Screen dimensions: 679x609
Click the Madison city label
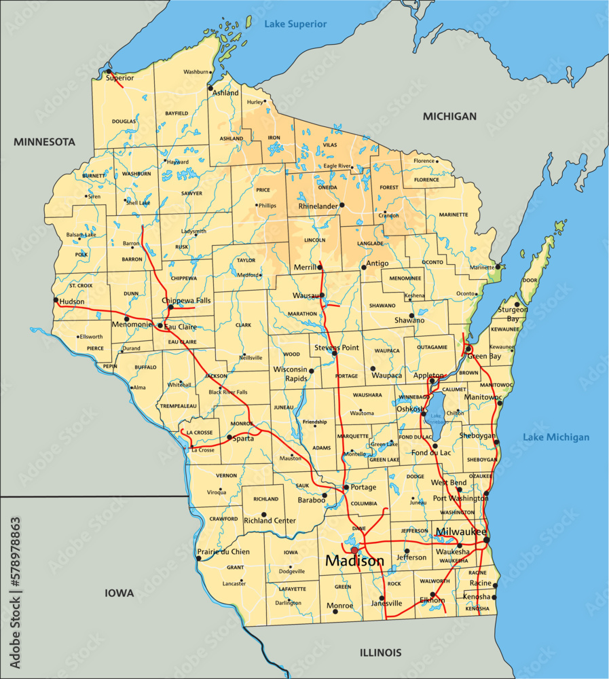[354, 562]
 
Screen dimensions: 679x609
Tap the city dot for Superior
[108, 71]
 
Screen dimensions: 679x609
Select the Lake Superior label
[295, 24]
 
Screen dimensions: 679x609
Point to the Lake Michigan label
[556, 437]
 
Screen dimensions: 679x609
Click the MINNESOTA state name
[44, 142]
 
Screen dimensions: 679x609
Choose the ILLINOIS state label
[380, 653]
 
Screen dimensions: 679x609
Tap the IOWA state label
[119, 593]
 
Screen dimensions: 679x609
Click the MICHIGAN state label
[449, 116]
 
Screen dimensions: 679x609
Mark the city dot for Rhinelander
[342, 204]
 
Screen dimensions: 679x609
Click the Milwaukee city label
[461, 531]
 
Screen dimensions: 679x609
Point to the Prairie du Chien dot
[198, 558]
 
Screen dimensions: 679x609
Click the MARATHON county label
[302, 314]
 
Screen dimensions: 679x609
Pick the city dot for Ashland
[210, 88]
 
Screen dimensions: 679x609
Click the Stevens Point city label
[336, 347]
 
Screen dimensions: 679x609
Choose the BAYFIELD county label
[177, 113]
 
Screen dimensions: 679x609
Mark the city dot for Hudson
[56, 299]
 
